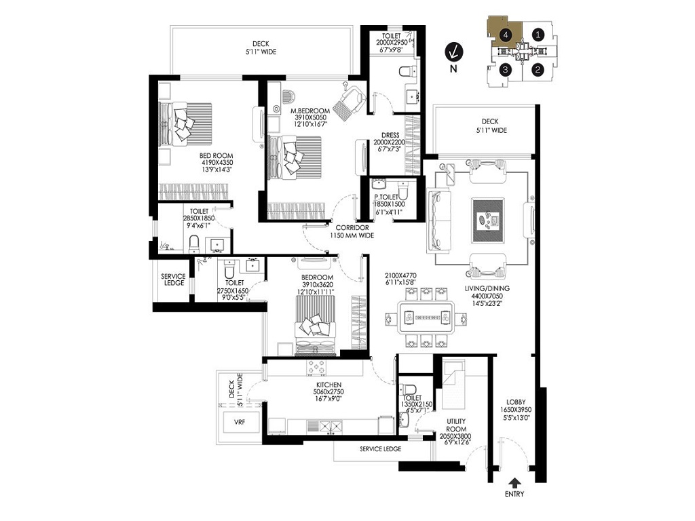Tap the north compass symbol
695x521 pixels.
(x=453, y=52)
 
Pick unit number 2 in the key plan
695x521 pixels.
(x=538, y=69)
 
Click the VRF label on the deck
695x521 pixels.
(x=240, y=421)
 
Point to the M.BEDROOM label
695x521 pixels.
(x=310, y=111)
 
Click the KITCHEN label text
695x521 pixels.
(x=328, y=385)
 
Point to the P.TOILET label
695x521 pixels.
(x=390, y=197)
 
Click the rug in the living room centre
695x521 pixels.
(x=489, y=220)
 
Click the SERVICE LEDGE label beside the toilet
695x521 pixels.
(x=173, y=279)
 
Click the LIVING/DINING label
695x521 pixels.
(x=487, y=288)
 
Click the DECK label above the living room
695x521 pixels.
(x=490, y=121)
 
